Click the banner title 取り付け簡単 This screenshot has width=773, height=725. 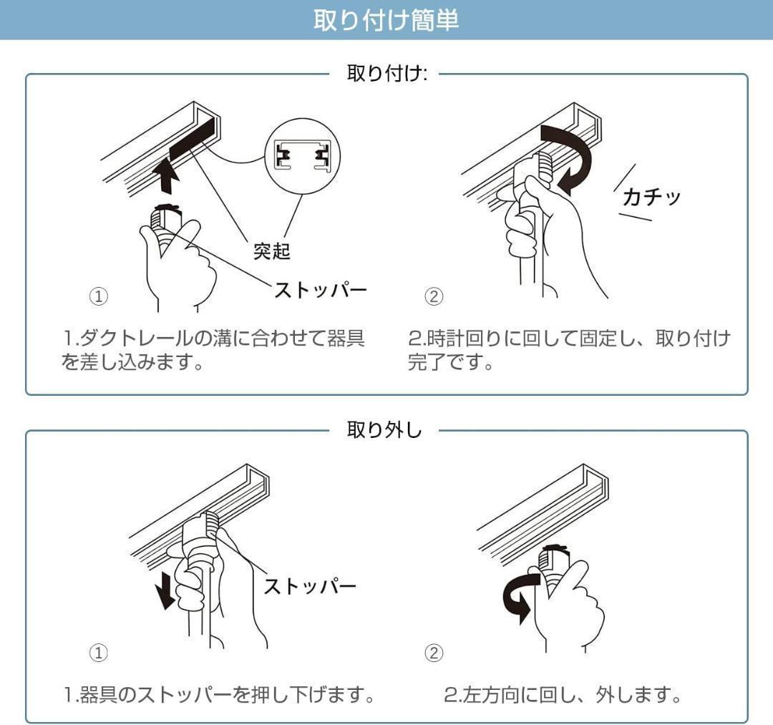tap(386, 20)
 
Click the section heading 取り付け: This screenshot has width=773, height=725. tap(386, 74)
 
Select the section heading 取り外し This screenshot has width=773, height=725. tap(384, 430)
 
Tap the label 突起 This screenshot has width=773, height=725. tap(271, 251)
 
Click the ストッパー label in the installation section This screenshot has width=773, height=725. tap(320, 290)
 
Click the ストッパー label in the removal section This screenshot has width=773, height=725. tap(309, 586)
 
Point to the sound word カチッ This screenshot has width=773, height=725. tap(651, 197)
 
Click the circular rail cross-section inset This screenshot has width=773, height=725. tap(302, 156)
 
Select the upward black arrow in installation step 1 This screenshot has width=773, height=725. tap(167, 177)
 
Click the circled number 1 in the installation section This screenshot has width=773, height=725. tap(98, 296)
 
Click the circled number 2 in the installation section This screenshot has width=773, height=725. tap(434, 296)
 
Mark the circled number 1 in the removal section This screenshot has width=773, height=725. tap(98, 653)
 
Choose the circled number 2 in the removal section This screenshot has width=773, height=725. tap(434, 653)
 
